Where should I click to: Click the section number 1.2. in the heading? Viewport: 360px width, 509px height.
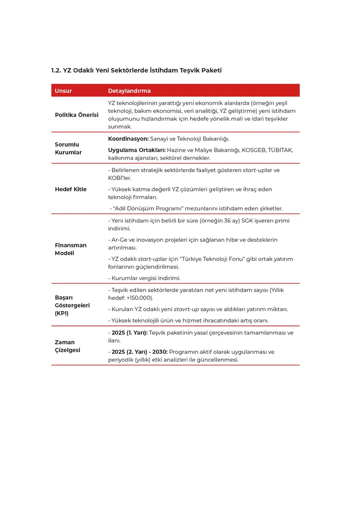pyautogui.click(x=56, y=70)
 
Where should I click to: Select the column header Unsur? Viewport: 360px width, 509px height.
pyautogui.click(x=63, y=91)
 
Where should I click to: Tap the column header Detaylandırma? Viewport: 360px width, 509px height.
pyautogui.click(x=129, y=91)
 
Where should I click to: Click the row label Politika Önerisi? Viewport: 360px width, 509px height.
pyautogui.click(x=76, y=115)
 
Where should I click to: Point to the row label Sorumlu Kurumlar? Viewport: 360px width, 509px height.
pyautogui.click(x=68, y=148)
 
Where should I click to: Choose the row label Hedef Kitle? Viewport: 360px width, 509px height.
pyautogui.click(x=71, y=189)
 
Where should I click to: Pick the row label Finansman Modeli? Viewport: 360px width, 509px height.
pyautogui.click(x=71, y=249)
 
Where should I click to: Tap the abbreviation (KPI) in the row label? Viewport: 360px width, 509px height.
pyautogui.click(x=61, y=313)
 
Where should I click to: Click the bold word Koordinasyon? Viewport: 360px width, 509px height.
pyautogui.click(x=128, y=139)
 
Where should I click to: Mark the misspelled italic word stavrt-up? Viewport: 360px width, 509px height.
pyautogui.click(x=186, y=309)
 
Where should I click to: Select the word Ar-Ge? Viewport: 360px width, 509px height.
pyautogui.click(x=119, y=240)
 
